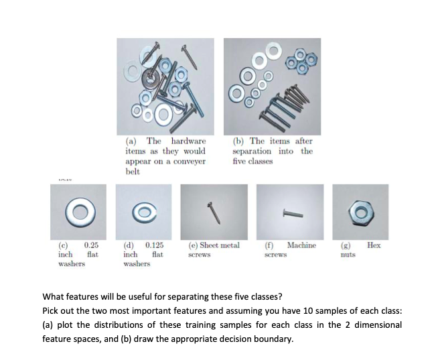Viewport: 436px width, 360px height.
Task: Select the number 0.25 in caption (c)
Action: pos(91,246)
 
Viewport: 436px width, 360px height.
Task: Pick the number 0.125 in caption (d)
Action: pos(155,246)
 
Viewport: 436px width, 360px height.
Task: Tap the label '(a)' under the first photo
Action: pos(132,141)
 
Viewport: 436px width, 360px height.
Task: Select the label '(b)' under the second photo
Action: pos(239,141)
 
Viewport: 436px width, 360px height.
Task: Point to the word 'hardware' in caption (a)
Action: pos(189,141)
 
